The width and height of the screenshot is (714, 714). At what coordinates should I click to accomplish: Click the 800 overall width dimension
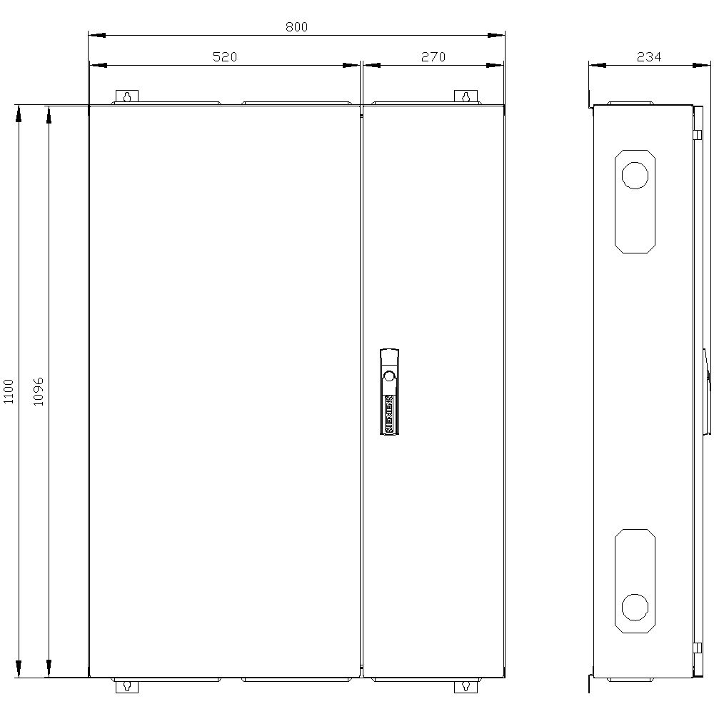tap(296, 26)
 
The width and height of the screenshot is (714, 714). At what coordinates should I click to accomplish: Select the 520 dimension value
tap(224, 57)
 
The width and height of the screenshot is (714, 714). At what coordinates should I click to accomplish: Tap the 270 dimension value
tap(433, 57)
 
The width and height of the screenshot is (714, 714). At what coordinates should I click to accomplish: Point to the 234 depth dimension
tap(648, 57)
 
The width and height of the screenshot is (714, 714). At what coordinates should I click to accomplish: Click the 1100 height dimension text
tap(9, 391)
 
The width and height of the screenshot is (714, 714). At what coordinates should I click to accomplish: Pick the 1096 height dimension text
tap(39, 391)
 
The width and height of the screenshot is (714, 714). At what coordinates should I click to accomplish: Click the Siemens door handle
tap(388, 391)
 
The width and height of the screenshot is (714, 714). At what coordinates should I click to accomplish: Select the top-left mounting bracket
tap(127, 96)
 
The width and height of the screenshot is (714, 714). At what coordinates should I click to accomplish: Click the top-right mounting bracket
tap(466, 96)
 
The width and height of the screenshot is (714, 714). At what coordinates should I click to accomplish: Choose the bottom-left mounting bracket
tap(127, 686)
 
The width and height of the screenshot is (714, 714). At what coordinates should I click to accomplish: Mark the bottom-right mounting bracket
tap(466, 686)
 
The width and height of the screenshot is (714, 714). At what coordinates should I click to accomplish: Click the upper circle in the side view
tap(635, 175)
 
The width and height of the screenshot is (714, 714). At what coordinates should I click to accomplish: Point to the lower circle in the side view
tap(635, 608)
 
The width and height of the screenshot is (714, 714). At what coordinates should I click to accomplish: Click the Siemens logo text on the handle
tap(388, 412)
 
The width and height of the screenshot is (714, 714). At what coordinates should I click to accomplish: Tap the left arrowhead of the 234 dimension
tap(597, 65)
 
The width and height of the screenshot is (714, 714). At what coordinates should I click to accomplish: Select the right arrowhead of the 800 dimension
tap(497, 34)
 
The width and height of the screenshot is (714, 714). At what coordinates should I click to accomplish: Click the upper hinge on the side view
tap(696, 134)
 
